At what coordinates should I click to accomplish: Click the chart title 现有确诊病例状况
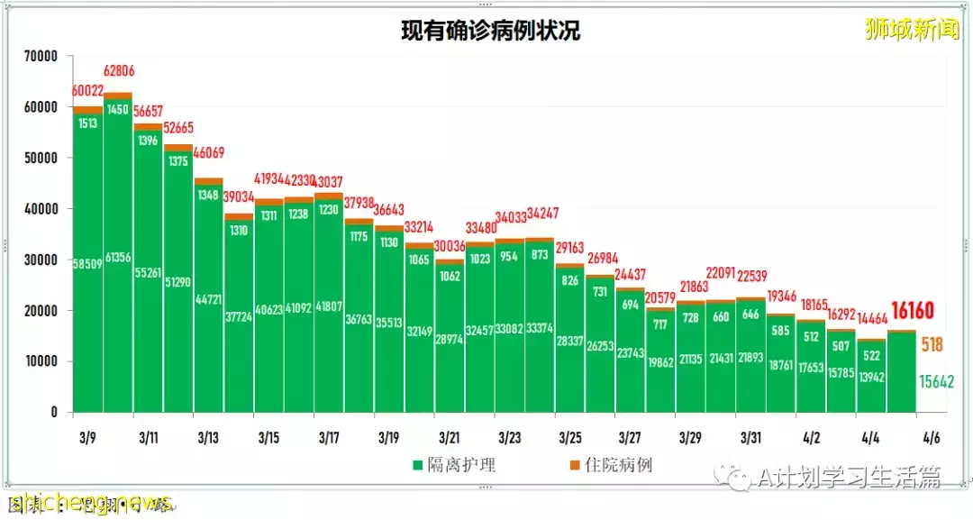tap(491, 31)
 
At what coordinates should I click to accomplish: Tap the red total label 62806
tap(118, 71)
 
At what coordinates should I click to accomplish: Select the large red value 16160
tap(912, 312)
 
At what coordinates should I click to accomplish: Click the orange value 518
tap(932, 344)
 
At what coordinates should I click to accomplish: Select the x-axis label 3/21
tap(450, 439)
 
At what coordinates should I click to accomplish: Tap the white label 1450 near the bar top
tap(118, 110)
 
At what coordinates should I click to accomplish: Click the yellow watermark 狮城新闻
tap(912, 30)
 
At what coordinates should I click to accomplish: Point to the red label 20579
tap(660, 298)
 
